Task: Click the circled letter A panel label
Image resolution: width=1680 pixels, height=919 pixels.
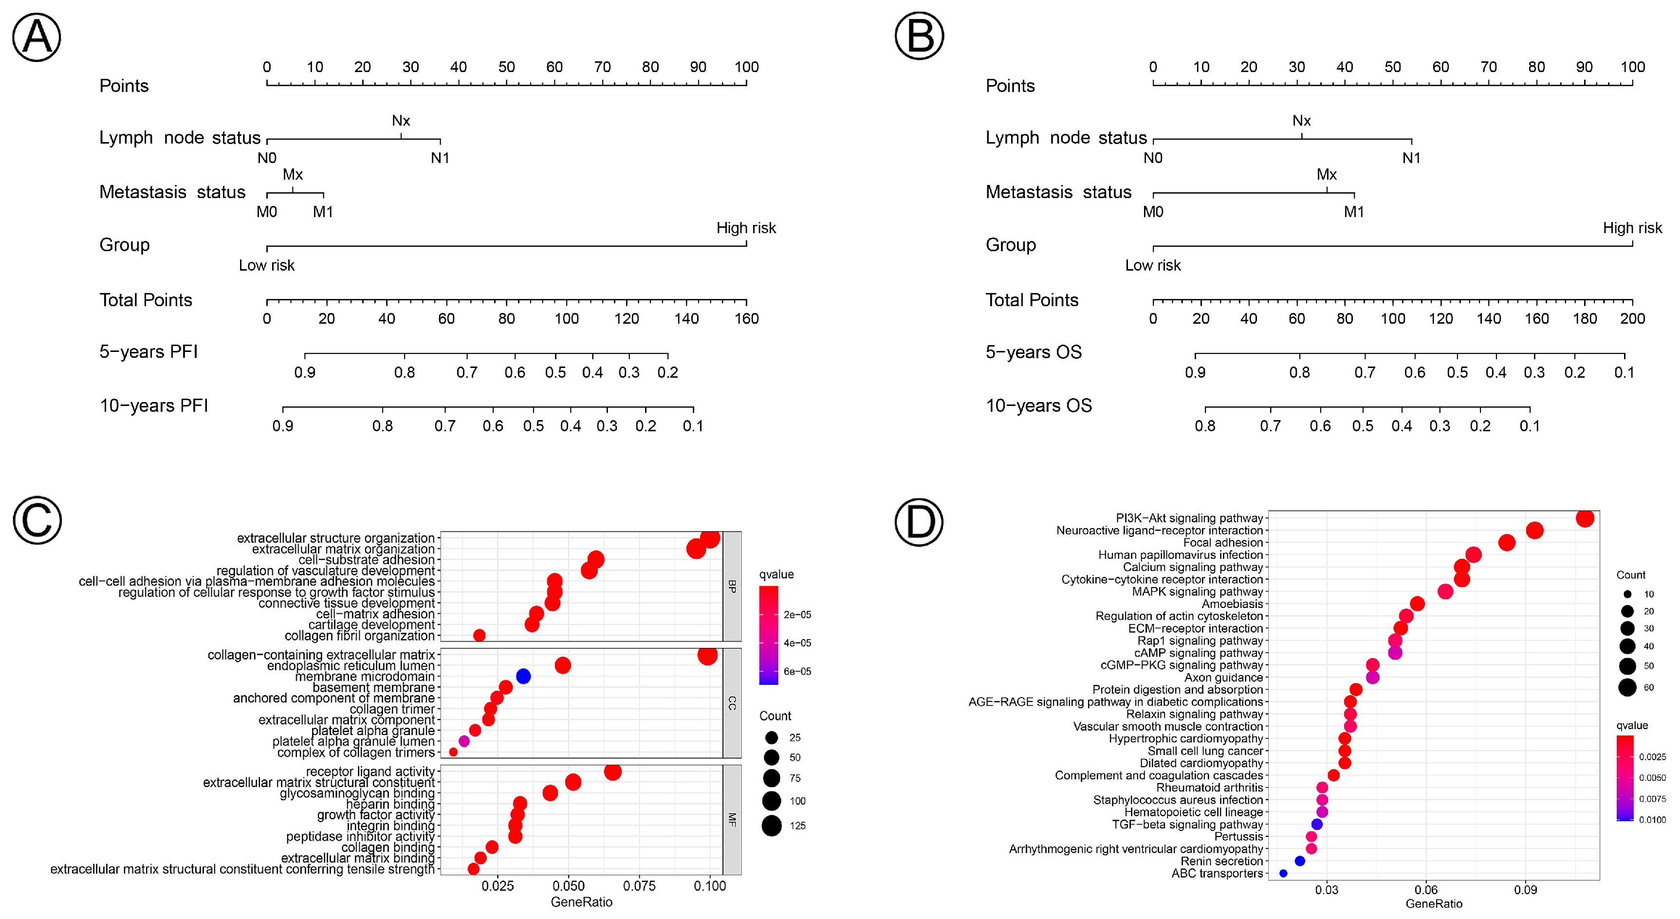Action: (x=37, y=37)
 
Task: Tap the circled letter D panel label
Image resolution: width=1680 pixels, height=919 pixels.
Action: (x=919, y=522)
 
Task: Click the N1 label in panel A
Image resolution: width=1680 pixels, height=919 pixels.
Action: (x=440, y=158)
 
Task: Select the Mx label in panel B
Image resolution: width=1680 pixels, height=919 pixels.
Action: (x=1327, y=174)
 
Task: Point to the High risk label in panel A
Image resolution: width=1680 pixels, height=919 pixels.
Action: (x=746, y=228)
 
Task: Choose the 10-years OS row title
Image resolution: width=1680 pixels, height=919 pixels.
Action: (x=1038, y=405)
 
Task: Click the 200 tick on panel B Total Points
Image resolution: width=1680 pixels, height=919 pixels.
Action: (x=1632, y=318)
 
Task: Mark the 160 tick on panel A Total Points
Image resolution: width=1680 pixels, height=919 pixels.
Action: (x=747, y=318)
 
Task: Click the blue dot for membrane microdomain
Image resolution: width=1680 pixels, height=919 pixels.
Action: (x=523, y=677)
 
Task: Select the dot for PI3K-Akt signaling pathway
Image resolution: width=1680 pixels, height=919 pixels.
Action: (x=1585, y=518)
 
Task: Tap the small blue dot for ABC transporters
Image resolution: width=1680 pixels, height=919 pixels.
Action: (x=1283, y=873)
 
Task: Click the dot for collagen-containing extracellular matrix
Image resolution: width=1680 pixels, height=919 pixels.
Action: (x=707, y=655)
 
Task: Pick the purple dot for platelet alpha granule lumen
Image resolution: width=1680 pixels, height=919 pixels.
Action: (x=464, y=742)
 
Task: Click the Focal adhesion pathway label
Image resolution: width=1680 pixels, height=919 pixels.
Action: (x=1223, y=543)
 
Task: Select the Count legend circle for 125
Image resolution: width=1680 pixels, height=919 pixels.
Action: (x=772, y=826)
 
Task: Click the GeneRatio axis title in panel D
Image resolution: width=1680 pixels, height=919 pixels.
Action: (x=1434, y=904)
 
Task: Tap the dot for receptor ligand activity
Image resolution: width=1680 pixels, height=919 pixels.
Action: (x=612, y=772)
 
